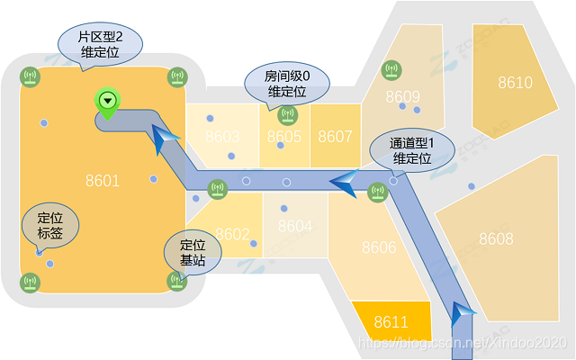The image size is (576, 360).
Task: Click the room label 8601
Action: [x=103, y=181]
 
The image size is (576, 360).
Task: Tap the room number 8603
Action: [x=222, y=137]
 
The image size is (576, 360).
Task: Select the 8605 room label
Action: [x=284, y=137]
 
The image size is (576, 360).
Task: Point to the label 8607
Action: [x=335, y=137]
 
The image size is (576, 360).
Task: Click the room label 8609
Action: [x=402, y=96]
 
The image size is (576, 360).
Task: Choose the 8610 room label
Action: [x=515, y=83]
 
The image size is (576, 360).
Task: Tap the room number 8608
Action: [x=496, y=238]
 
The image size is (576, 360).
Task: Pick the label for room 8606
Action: [x=379, y=247]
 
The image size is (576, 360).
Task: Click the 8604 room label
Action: [x=295, y=226]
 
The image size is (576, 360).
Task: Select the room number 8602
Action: [x=232, y=234]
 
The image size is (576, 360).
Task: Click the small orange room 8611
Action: [x=391, y=321]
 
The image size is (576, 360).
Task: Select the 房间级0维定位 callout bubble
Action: [x=287, y=84]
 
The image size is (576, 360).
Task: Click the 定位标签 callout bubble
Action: [x=49, y=224]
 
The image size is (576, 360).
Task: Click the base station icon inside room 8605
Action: [x=287, y=114]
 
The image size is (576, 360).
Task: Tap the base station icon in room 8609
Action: [x=390, y=69]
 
